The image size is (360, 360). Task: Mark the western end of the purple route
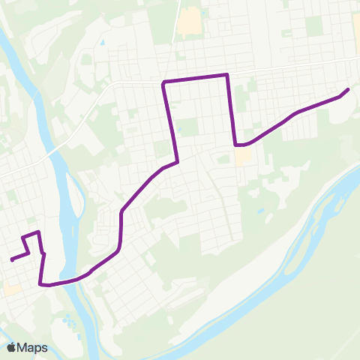point(12,260)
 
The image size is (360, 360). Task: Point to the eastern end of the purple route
point(348,90)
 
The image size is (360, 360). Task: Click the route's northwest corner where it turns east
point(163,81)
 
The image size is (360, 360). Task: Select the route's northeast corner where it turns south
point(227,74)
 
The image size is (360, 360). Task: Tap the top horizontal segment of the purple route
point(195,78)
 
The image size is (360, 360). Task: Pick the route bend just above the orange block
point(237,145)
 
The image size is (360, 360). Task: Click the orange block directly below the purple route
point(244,157)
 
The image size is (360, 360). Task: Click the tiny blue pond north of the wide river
point(260,212)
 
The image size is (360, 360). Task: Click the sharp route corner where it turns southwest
point(177,161)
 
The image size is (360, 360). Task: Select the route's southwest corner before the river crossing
point(41,284)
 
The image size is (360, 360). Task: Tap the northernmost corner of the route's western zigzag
point(37,233)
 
